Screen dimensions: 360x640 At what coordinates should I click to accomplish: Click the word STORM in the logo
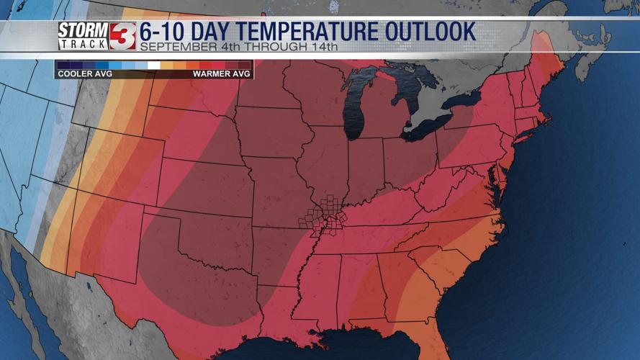(x=83, y=30)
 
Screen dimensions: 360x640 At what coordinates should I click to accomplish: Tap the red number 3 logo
(x=122, y=36)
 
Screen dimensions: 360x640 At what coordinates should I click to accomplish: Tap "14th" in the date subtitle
(x=322, y=48)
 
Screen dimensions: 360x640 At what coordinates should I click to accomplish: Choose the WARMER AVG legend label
(x=221, y=73)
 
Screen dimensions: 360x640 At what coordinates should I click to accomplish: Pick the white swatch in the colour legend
(x=153, y=65)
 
